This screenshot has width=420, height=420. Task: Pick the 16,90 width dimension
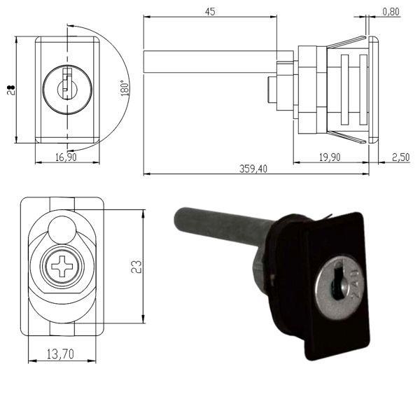point(66,157)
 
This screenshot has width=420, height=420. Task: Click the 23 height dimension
point(137,267)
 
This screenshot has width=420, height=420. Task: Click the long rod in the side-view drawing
point(210,57)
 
